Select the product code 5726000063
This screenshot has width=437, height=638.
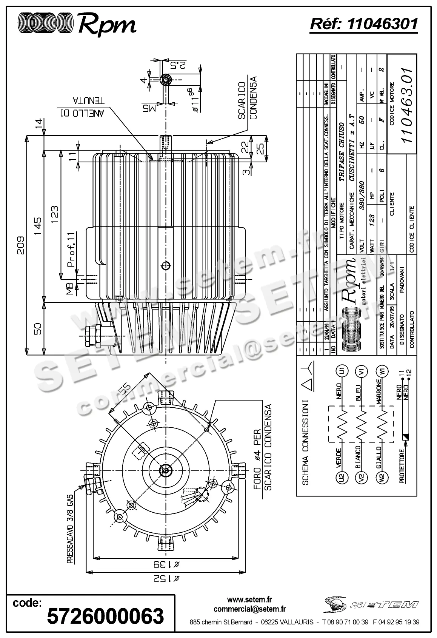pos(106,616)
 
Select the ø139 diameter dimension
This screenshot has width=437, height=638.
pos(165,564)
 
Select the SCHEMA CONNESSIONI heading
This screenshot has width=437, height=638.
pos(305,442)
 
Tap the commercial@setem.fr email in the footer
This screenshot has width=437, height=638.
pos(249,609)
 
